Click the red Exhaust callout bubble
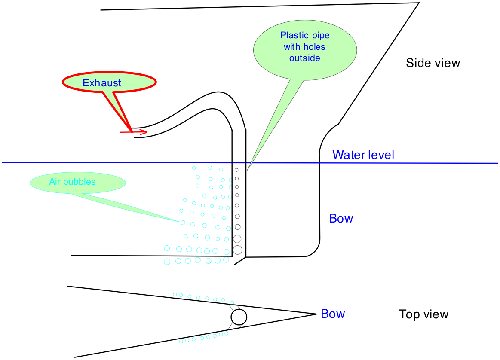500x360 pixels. coord(109,83)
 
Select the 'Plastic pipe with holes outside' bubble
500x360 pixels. coord(305,47)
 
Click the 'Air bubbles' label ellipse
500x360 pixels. coord(77,182)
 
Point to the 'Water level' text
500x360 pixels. coord(363,155)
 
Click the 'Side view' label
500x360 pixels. coord(433,63)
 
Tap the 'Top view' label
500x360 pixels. coord(423,314)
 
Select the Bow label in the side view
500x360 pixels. coord(341,219)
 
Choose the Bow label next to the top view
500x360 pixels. coord(333,314)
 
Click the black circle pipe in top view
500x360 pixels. coord(239,317)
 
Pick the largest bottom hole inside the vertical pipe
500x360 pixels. coord(238,249)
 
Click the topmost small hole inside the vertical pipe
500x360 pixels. coord(236,170)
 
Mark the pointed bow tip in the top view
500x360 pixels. coord(316,314)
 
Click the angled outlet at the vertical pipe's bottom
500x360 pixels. coord(240,261)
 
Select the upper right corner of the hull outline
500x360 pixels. coord(418,3)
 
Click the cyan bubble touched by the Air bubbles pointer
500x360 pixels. coord(183,223)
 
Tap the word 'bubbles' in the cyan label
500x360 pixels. coord(84,182)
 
